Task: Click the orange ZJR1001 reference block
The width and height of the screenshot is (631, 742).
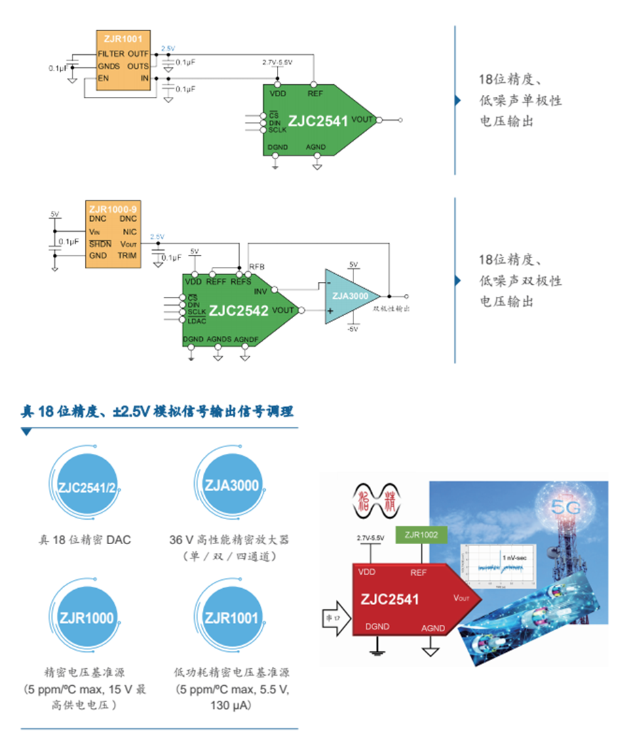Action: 123,64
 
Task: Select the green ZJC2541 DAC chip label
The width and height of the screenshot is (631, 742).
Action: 318,121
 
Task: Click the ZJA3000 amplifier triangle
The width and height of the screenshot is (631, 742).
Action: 349,296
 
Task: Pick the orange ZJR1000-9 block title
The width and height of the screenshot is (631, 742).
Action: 113,209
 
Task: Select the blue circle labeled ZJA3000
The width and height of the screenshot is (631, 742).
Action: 231,485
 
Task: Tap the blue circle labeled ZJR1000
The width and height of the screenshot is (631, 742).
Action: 86,617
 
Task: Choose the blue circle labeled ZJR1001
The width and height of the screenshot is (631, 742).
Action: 231,617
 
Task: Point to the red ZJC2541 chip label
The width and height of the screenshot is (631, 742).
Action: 389,600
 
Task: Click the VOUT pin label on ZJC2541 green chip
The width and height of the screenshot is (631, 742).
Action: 362,120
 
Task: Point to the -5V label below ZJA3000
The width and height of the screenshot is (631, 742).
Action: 352,329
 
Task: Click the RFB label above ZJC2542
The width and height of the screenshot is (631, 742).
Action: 257,266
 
